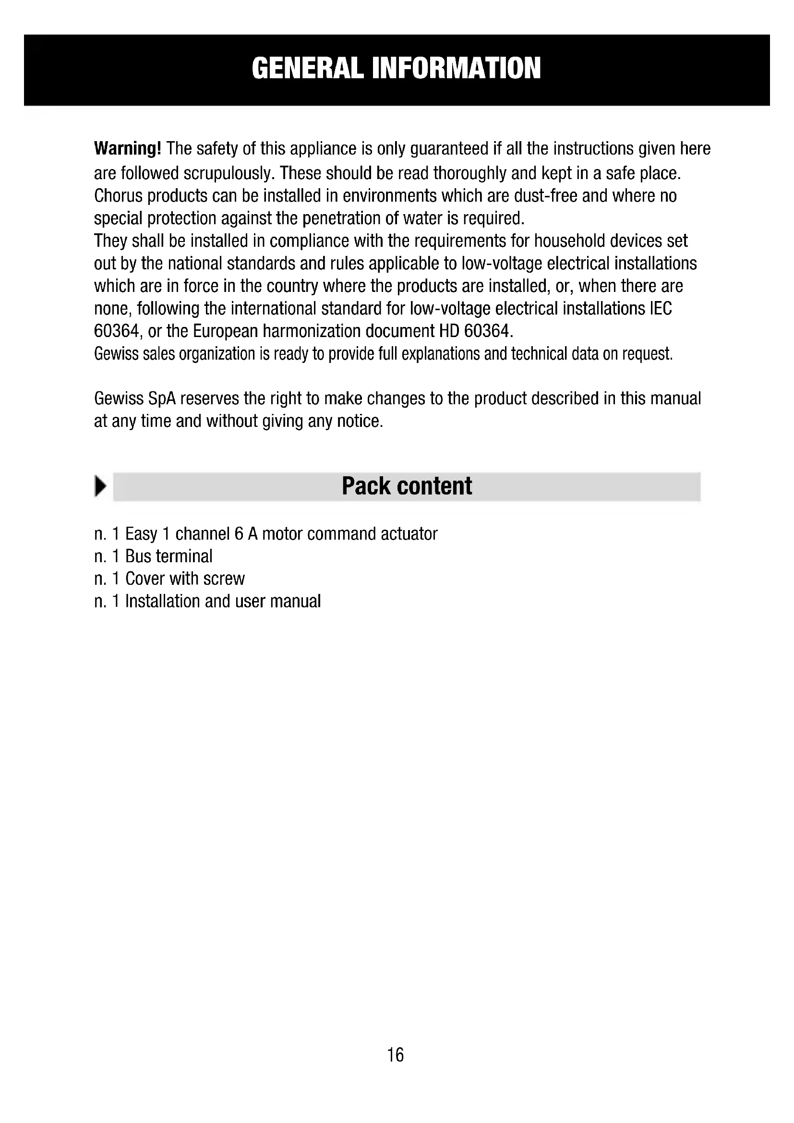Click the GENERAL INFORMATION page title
(396, 69)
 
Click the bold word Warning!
(127, 148)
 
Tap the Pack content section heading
(407, 486)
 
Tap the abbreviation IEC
(661, 309)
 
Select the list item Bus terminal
(168, 556)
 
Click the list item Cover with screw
(185, 579)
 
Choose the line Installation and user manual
(223, 601)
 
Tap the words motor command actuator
(349, 533)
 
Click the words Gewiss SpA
(134, 398)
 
